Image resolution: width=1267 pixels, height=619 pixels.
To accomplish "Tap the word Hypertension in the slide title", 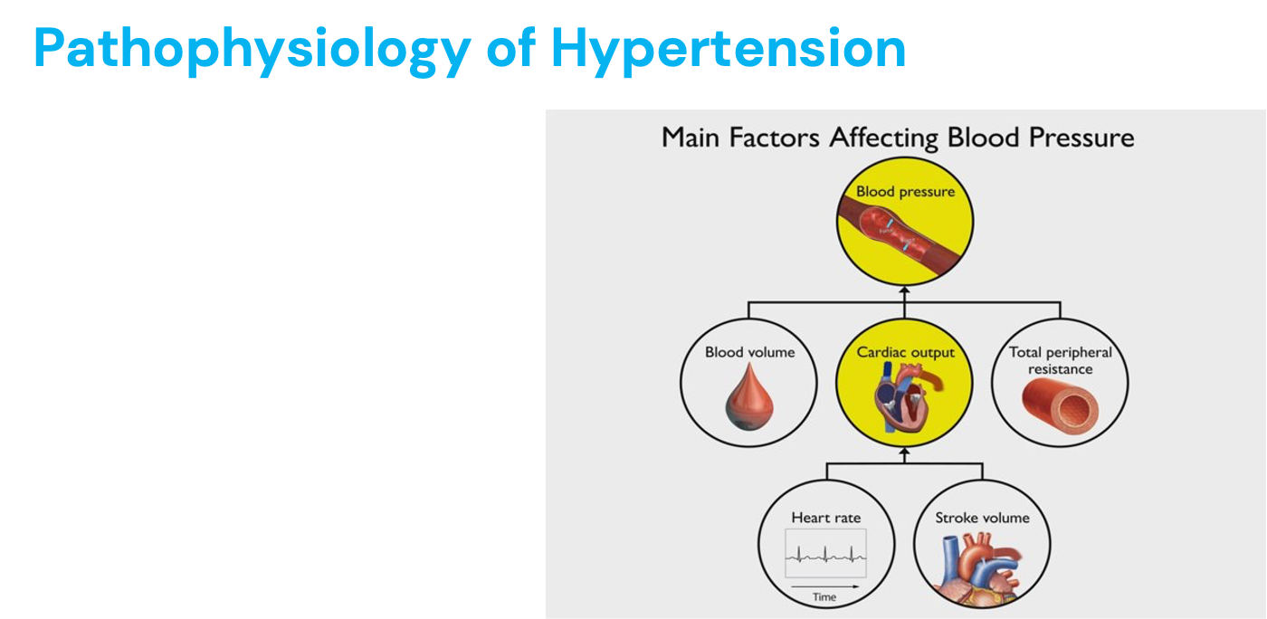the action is (728, 49).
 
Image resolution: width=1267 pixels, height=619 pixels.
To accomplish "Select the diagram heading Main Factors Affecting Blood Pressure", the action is (897, 138).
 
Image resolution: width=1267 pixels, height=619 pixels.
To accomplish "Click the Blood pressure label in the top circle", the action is (905, 191).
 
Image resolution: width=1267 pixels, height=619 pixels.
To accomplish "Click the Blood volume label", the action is (749, 352).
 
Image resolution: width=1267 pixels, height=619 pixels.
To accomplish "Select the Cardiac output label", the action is (905, 352).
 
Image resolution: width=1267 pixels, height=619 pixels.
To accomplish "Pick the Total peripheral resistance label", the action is (1061, 360).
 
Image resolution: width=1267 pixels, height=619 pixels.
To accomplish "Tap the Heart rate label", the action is (825, 518).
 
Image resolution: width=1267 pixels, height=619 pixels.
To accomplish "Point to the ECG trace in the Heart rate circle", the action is (825, 554).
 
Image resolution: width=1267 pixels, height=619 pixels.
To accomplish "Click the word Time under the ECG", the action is (824, 597).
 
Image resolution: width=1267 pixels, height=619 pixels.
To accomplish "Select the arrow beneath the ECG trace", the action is (824, 586).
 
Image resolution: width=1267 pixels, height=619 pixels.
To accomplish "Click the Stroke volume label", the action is (982, 518).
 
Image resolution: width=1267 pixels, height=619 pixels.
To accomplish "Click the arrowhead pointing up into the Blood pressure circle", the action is (904, 290).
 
